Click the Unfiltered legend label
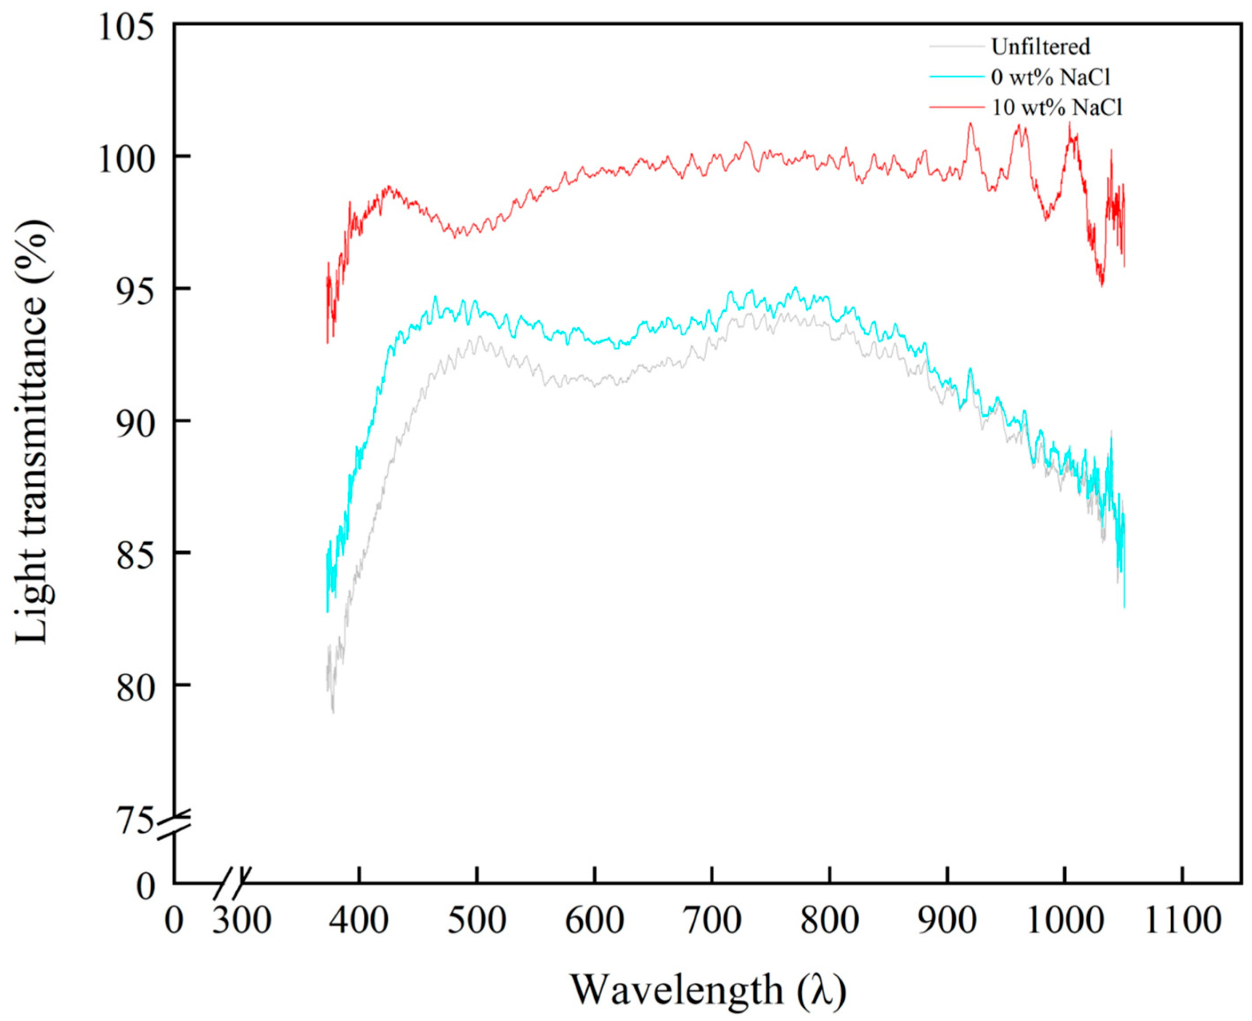1040,47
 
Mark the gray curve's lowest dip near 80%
333,711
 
